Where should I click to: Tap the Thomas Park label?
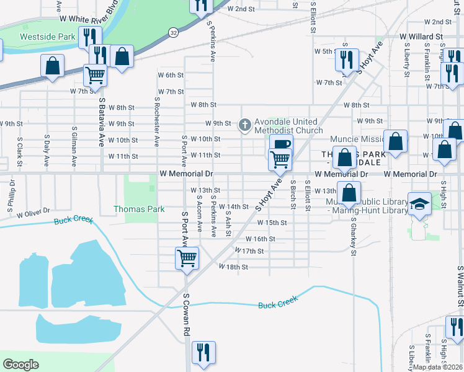click(139, 209)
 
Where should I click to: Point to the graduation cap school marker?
click(419, 204)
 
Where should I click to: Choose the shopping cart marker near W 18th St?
click(187, 258)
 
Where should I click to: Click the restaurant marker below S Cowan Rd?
click(203, 352)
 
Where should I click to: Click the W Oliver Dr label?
click(33, 214)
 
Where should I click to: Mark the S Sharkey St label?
click(353, 236)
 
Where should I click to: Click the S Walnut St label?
click(460, 286)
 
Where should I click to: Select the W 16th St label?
click(260, 238)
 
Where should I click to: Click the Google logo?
click(20, 364)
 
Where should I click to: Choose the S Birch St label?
click(293, 193)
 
